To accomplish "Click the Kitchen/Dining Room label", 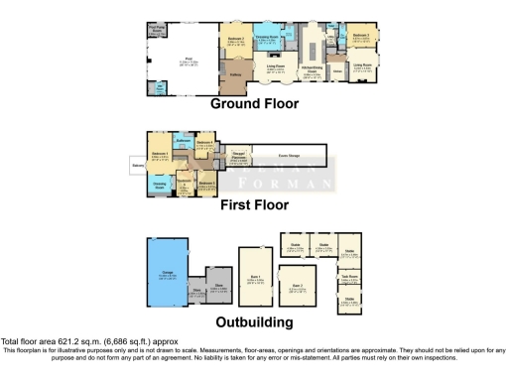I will coord(311,70).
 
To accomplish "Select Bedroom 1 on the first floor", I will coord(162,156).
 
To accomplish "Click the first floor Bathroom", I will coord(183,144).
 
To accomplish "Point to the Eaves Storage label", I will coord(288,156).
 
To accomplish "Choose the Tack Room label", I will coord(349,276).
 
